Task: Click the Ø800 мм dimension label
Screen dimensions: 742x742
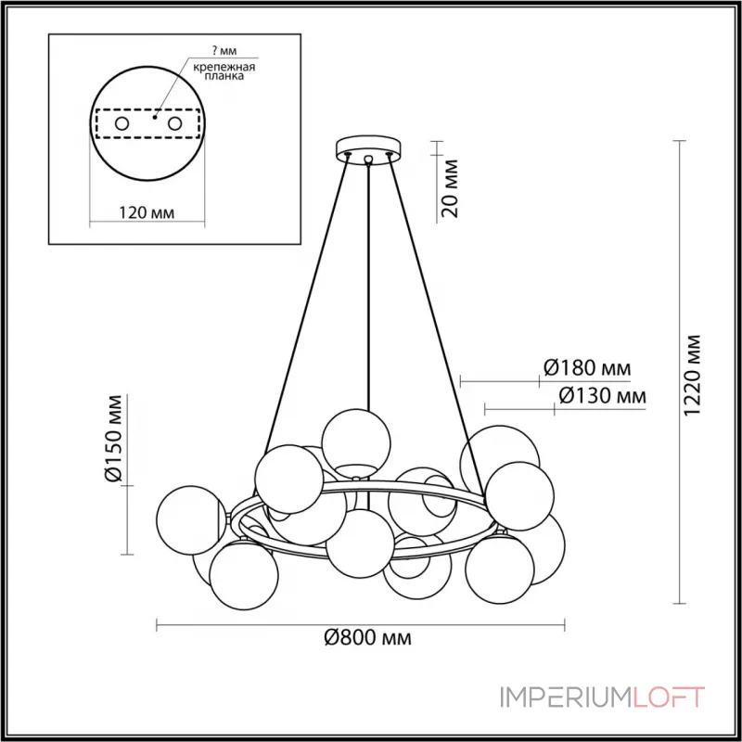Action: coord(367,638)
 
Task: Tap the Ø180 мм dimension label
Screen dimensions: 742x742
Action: coord(585,368)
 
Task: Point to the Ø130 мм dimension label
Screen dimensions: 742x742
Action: coord(602,396)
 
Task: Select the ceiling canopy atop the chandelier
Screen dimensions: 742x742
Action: coord(369,147)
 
